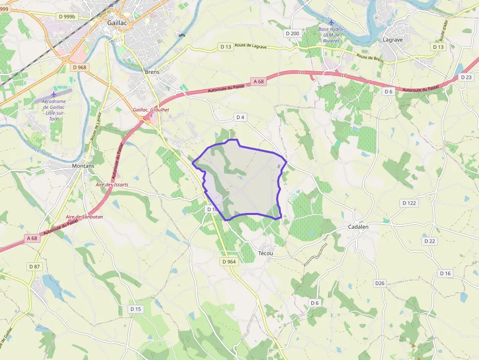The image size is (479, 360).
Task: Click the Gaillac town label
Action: pyautogui.click(x=117, y=22)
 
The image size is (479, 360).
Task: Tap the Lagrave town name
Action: pyautogui.click(x=392, y=40)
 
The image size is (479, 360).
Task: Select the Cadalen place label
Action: pyautogui.click(x=358, y=227)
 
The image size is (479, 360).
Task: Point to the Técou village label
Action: pyautogui.click(x=265, y=254)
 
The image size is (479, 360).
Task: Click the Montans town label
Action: pyautogui.click(x=83, y=166)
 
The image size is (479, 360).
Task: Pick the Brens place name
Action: pyautogui.click(x=152, y=71)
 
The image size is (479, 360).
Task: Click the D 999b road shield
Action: pyautogui.click(x=67, y=17)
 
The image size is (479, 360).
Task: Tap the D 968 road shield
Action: pyautogui.click(x=78, y=67)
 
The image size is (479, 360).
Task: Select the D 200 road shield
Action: pyautogui.click(x=292, y=33)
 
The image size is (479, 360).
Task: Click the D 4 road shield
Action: pyautogui.click(x=239, y=117)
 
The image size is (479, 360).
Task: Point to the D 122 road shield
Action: pyautogui.click(x=409, y=203)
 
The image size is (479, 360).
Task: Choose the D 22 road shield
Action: pyautogui.click(x=430, y=241)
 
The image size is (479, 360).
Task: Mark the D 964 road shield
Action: pyautogui.click(x=229, y=262)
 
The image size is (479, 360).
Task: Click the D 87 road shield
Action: pyautogui.click(x=34, y=266)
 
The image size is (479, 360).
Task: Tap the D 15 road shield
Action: pyautogui.click(x=136, y=309)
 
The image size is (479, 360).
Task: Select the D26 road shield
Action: pyautogui.click(x=380, y=283)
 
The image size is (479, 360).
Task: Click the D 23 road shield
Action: pyautogui.click(x=466, y=77)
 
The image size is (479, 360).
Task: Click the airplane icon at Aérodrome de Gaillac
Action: pyautogui.click(x=54, y=94)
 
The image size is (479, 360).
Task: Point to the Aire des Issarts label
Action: pyautogui.click(x=112, y=185)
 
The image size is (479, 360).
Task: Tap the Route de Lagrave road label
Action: pyautogui.click(x=251, y=46)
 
